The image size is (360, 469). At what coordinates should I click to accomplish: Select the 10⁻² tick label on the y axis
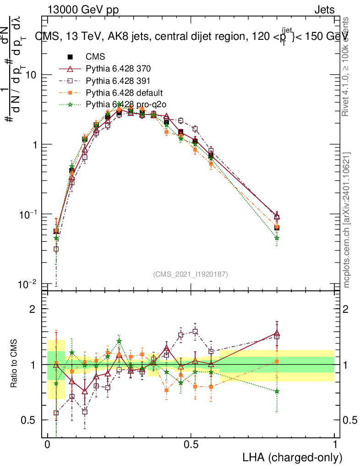pyautogui.click(x=29, y=284)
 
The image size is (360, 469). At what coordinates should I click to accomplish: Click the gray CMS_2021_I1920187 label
pyautogui.click(x=191, y=274)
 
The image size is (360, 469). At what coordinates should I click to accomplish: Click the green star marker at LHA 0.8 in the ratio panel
pyautogui.click(x=277, y=391)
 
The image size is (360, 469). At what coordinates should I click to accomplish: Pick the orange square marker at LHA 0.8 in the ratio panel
pyautogui.click(x=277, y=361)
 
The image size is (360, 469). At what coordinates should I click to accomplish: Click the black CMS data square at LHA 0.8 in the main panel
pyautogui.click(x=277, y=228)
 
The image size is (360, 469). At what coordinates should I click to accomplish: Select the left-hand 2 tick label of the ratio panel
pyautogui.click(x=32, y=309)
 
